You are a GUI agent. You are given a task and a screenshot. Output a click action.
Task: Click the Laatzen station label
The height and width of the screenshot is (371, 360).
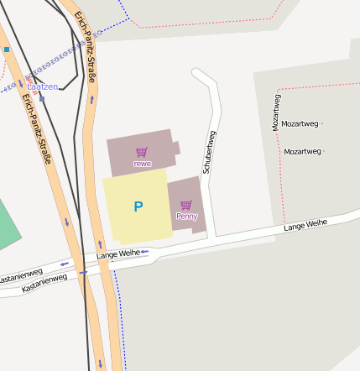[x=43, y=86]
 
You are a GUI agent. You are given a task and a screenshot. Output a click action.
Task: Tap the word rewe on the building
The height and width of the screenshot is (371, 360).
[x=143, y=163]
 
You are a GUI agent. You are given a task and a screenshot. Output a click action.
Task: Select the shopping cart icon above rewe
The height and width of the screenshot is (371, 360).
[x=142, y=152]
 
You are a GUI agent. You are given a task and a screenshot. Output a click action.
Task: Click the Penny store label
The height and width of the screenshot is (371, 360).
[x=186, y=216]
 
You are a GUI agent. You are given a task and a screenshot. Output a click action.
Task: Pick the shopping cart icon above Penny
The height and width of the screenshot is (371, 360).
[x=186, y=205]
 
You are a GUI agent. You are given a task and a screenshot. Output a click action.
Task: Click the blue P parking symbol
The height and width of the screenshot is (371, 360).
[x=138, y=206]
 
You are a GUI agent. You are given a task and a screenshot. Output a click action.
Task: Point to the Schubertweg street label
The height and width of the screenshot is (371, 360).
[x=210, y=151]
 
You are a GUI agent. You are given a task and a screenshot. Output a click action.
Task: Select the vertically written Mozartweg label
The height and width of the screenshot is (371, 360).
[x=276, y=112]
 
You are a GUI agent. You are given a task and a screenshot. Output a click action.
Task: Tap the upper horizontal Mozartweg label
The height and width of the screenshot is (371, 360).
[x=300, y=123]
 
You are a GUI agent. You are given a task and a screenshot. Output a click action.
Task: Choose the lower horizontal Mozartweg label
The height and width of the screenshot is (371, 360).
[x=303, y=152]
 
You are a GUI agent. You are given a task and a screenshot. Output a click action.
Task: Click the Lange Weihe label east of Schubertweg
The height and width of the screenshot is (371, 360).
[x=305, y=225]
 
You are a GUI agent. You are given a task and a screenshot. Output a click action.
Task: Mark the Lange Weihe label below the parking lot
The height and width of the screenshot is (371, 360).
[x=117, y=253]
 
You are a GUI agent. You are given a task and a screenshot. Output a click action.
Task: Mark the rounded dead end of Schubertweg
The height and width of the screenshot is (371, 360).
[x=199, y=74]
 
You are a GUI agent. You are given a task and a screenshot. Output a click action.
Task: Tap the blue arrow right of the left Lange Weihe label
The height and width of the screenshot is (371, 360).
[x=145, y=251]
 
